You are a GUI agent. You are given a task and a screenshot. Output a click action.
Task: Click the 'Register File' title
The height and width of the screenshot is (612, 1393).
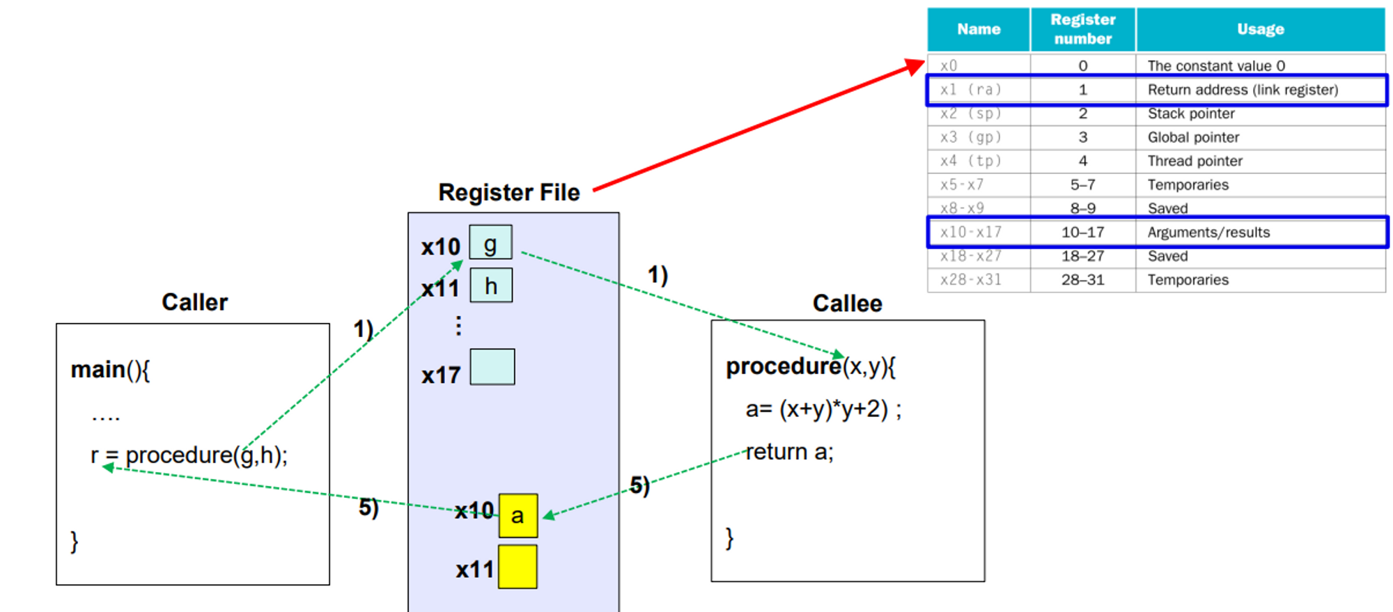point(508,192)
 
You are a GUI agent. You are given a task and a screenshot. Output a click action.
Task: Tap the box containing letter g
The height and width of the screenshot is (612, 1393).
point(490,243)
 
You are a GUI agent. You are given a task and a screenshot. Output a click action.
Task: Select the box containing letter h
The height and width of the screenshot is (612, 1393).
point(491,285)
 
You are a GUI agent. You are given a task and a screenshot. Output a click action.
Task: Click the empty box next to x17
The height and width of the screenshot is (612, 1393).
point(492,367)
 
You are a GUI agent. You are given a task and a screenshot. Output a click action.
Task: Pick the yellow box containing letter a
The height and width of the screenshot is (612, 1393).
point(517,515)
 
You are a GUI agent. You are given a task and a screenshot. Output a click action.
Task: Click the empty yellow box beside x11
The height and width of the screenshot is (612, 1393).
point(517,567)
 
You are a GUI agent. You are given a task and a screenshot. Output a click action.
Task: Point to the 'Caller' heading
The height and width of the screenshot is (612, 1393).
point(194,302)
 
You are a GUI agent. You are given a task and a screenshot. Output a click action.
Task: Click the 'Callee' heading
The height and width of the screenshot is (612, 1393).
point(847,304)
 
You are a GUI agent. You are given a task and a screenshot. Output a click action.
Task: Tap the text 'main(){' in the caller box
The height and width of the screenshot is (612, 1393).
point(110,370)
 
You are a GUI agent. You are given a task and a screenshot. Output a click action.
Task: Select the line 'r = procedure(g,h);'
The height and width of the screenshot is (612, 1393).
point(189,455)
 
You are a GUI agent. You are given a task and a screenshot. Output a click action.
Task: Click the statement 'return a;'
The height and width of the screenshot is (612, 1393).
point(789,452)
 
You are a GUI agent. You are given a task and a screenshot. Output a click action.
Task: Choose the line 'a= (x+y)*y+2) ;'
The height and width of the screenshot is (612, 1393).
point(823,409)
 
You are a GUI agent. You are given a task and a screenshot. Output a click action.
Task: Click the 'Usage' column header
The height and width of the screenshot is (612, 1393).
point(1260,29)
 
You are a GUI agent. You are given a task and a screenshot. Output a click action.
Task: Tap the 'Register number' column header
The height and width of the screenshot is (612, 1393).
point(1082,29)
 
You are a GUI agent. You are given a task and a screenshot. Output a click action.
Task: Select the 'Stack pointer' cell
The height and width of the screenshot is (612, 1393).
point(1191,113)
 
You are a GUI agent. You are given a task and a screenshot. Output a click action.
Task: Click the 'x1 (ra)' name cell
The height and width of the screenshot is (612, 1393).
point(970,90)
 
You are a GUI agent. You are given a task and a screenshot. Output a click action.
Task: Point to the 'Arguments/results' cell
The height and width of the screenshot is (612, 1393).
point(1208,233)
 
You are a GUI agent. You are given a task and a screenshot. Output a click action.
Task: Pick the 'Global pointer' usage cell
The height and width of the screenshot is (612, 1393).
point(1193,137)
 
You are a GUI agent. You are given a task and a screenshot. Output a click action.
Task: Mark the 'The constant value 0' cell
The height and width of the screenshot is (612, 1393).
point(1216,65)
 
